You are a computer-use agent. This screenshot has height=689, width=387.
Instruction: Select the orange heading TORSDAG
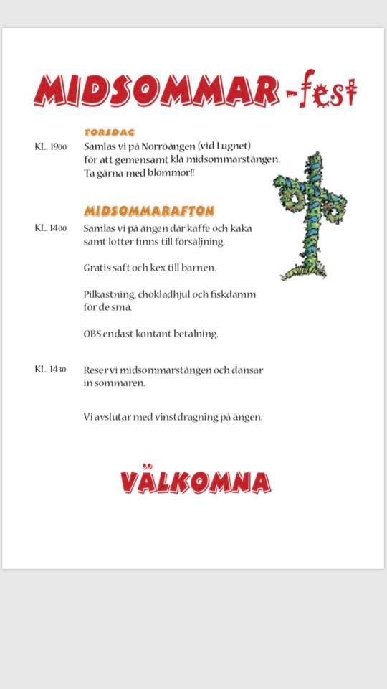109,133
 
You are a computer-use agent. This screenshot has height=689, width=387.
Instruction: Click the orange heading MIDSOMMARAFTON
149,211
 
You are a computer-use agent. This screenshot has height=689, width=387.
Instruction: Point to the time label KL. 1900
51,147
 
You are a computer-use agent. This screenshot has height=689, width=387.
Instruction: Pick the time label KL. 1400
51,228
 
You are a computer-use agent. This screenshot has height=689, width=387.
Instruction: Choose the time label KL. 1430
51,370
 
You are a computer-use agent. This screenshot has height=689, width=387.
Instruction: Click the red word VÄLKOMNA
196,482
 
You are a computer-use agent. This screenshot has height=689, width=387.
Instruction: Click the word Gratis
97,268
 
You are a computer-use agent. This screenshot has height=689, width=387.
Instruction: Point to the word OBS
93,334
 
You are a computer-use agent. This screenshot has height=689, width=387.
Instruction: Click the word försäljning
200,242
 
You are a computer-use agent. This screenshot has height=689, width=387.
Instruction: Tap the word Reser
96,370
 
